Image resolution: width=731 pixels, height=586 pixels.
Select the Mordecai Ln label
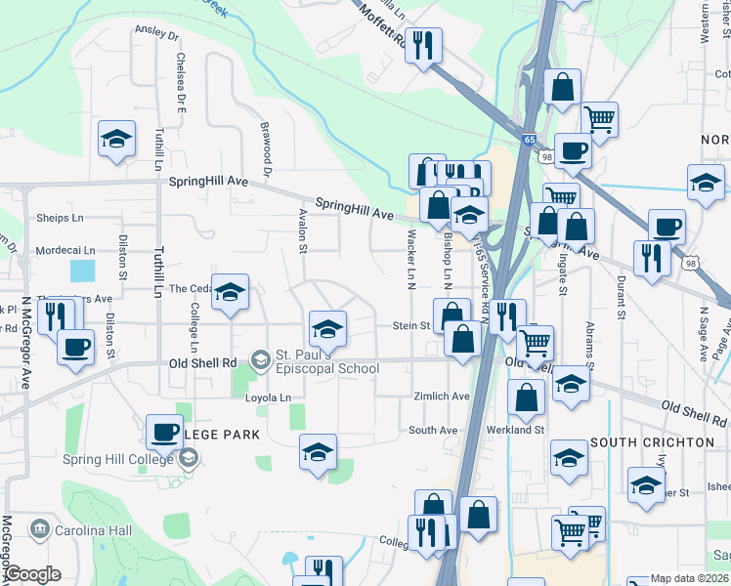pos(65,251)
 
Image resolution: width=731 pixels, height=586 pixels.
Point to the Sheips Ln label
pos(60,218)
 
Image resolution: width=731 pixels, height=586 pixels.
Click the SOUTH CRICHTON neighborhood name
pos(666,442)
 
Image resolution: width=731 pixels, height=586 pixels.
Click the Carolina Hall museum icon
pos(41,530)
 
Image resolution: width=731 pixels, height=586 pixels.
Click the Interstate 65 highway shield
pos(529,141)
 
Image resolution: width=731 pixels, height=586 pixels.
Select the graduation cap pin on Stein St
pos(328,328)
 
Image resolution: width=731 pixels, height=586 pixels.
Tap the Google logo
pos(33,574)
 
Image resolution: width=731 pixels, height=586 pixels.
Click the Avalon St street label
pos(303,234)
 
